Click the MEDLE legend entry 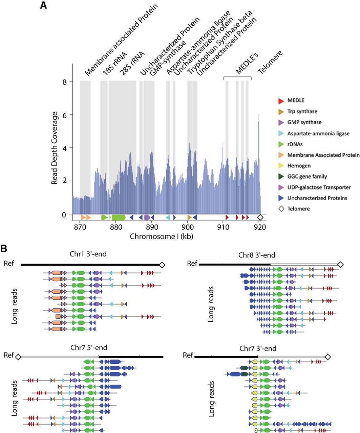pos(296,100)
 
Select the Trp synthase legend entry pos(302,111)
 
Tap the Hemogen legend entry pos(299,166)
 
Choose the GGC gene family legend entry pos(307,177)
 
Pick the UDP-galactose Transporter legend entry pos(319,187)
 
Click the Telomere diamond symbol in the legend pos(281,209)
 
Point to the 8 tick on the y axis pos(64,82)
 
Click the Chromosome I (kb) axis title pos(162,236)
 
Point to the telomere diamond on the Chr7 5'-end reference pos(18,356)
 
